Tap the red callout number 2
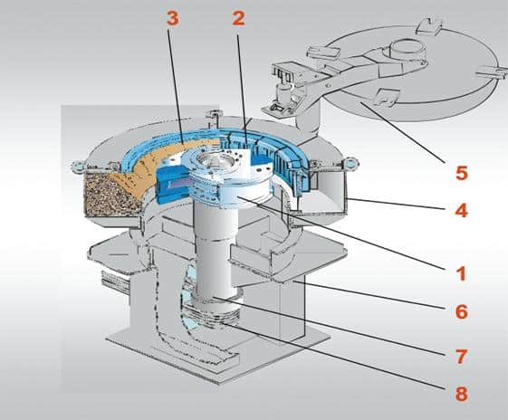point(238,18)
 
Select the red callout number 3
point(173,18)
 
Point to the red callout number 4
point(461,211)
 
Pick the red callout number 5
point(462,173)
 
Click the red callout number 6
point(462,311)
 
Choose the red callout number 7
point(461,357)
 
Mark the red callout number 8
point(462,394)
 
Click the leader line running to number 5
point(403,132)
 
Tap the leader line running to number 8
point(334,355)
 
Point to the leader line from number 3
point(176,86)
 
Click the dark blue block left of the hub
point(171,185)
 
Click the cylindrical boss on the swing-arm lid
point(407,49)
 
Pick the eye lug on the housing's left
point(78,166)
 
